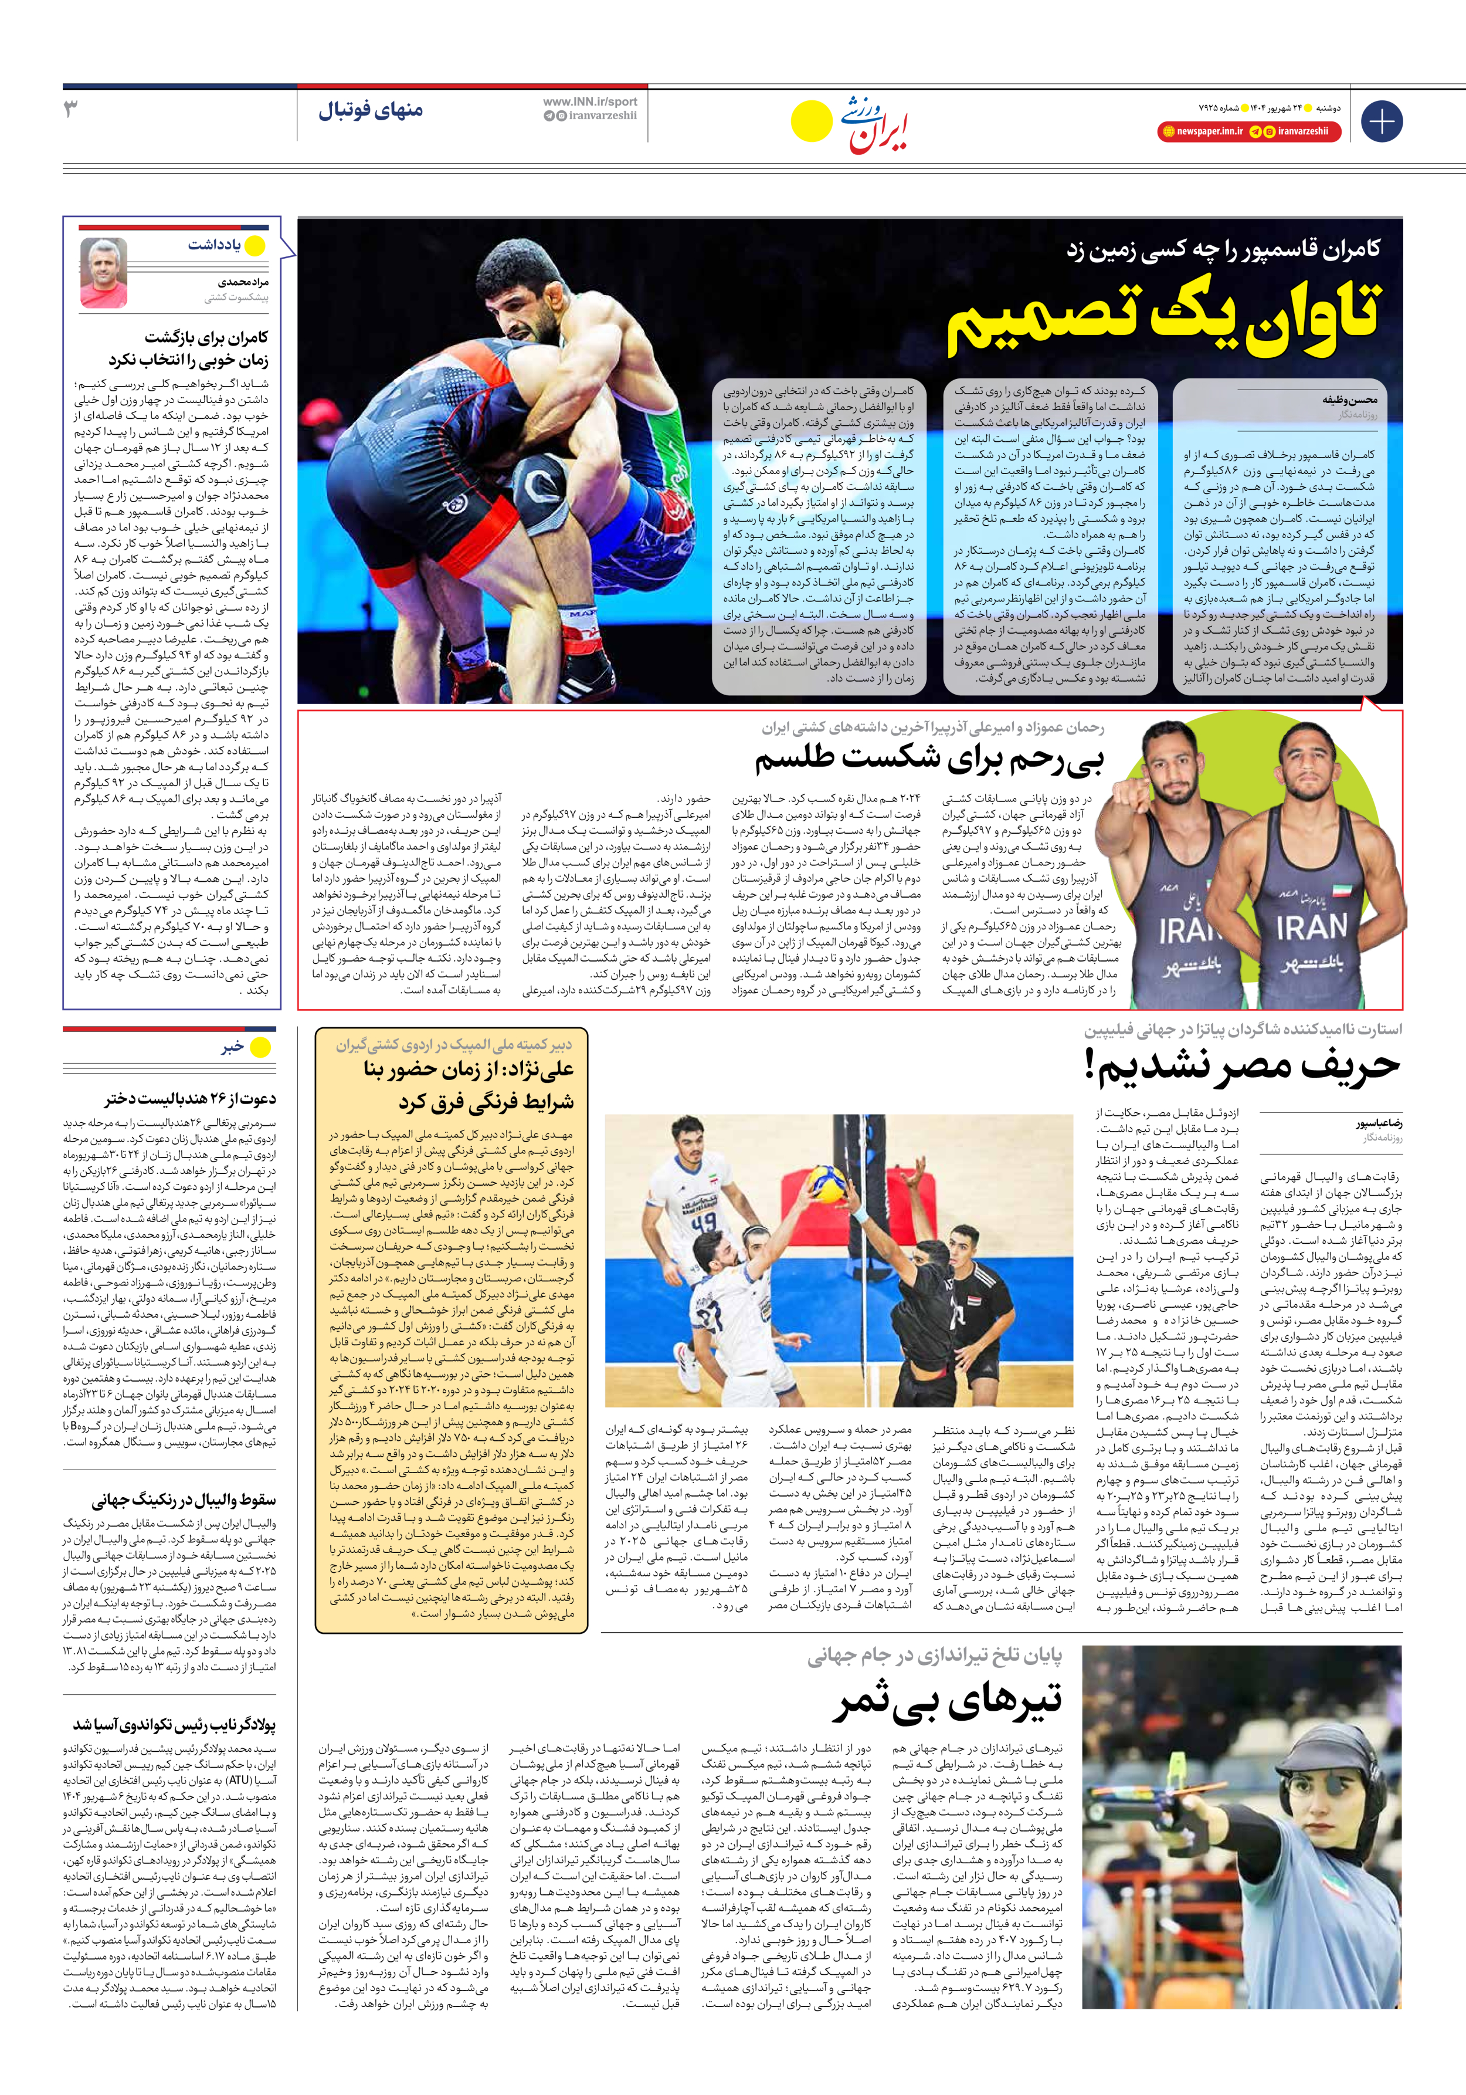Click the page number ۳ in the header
(71, 110)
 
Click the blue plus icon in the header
(1381, 121)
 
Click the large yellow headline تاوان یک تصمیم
(1163, 319)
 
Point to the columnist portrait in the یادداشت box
(103, 272)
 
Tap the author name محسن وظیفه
(1350, 400)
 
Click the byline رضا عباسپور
(1379, 1124)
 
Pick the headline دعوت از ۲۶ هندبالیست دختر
(190, 1099)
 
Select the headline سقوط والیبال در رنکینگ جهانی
(184, 1501)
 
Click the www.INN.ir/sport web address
(591, 101)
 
